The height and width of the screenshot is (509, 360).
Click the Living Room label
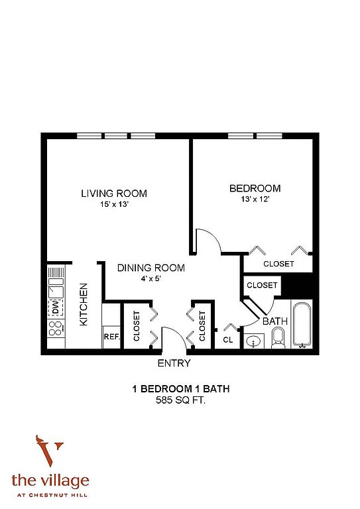[114, 194]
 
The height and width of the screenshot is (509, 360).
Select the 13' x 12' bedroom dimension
[255, 199]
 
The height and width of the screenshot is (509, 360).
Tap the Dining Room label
[151, 268]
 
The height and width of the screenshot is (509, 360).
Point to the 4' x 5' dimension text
[151, 278]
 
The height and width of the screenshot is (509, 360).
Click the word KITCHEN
[84, 304]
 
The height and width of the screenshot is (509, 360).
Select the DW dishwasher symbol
[56, 307]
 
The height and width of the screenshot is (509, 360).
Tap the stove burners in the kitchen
[56, 328]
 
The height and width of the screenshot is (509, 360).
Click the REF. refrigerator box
[111, 337]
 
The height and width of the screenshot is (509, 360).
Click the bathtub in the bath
[302, 325]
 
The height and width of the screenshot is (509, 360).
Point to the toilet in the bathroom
[278, 337]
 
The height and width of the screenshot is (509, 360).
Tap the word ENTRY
[174, 363]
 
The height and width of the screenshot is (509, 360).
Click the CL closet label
[228, 340]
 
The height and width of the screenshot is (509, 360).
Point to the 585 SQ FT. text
[180, 400]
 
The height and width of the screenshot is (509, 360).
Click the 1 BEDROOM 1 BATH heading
[181, 389]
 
